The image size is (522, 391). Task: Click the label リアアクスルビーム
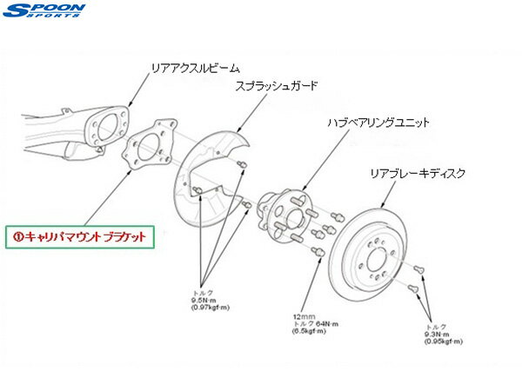pos(195,67)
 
